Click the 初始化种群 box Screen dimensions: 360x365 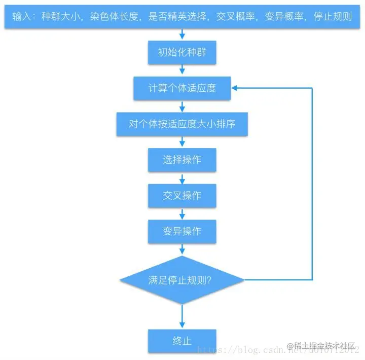coord(182,53)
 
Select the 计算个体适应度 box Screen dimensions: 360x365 coord(182,88)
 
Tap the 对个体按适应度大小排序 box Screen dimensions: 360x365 coord(182,124)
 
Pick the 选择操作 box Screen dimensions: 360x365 coord(182,160)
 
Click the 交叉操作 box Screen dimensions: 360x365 coord(182,196)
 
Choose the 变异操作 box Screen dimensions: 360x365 coord(182,232)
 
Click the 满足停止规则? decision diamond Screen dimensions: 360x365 coord(182,280)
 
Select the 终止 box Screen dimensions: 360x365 coord(182,341)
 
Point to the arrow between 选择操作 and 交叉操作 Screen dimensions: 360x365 coord(182,178)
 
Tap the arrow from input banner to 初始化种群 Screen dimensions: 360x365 coord(182,34)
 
